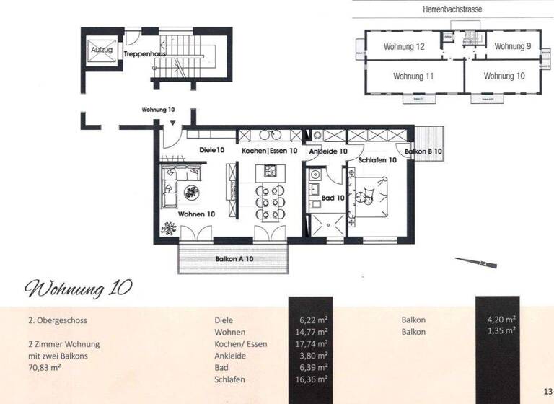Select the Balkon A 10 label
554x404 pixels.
coord(234,258)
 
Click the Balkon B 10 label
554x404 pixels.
coord(423,152)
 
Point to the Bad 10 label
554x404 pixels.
coord(333,196)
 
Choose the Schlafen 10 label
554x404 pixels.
coord(378,160)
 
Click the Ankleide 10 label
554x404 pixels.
coord(328,151)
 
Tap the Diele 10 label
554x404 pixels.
coord(212,150)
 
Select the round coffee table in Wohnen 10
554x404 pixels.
coord(193,192)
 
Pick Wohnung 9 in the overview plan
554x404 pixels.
coord(513,47)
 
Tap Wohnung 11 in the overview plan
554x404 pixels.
coord(413,76)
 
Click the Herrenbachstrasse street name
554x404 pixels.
coord(452,9)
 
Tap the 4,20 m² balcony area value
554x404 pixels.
coord(501,320)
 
